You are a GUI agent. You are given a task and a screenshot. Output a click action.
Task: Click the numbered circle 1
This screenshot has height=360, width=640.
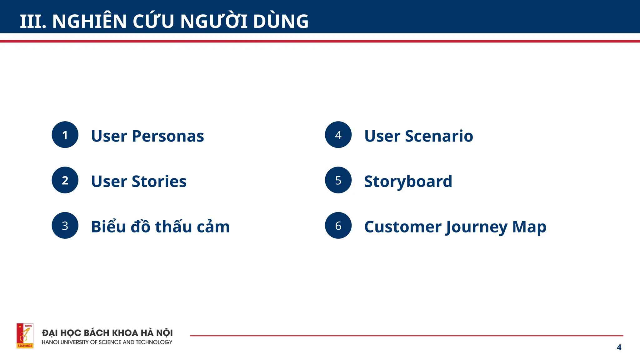[65, 135]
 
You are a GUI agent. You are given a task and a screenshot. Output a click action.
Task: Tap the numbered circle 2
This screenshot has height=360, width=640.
[65, 180]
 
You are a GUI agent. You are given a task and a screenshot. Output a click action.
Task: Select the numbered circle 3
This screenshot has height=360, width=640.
[65, 225]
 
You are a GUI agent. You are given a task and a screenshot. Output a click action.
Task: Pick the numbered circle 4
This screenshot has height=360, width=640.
[338, 135]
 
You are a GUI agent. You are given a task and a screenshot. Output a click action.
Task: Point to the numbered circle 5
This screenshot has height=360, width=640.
[338, 180]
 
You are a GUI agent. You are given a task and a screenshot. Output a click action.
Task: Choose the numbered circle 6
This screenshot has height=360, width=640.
[338, 225]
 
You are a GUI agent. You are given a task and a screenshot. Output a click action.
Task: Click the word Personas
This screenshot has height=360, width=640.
[168, 136]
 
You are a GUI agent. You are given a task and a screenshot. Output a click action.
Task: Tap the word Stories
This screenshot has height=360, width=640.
[159, 182]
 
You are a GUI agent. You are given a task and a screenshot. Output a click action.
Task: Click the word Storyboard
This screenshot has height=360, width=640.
[408, 182]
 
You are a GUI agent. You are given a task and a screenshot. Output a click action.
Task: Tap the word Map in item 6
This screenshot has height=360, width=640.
[529, 227]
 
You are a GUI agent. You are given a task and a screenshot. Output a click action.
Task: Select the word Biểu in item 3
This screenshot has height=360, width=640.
[108, 227]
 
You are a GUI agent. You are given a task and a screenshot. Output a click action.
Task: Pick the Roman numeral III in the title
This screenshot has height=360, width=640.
[33, 22]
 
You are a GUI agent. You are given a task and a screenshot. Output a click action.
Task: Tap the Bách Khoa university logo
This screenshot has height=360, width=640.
[25, 336]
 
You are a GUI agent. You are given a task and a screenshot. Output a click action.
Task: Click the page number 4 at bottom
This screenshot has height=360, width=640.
[619, 347]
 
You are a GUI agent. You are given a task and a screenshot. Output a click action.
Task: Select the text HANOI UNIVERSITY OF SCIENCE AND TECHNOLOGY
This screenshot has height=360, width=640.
[107, 342]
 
